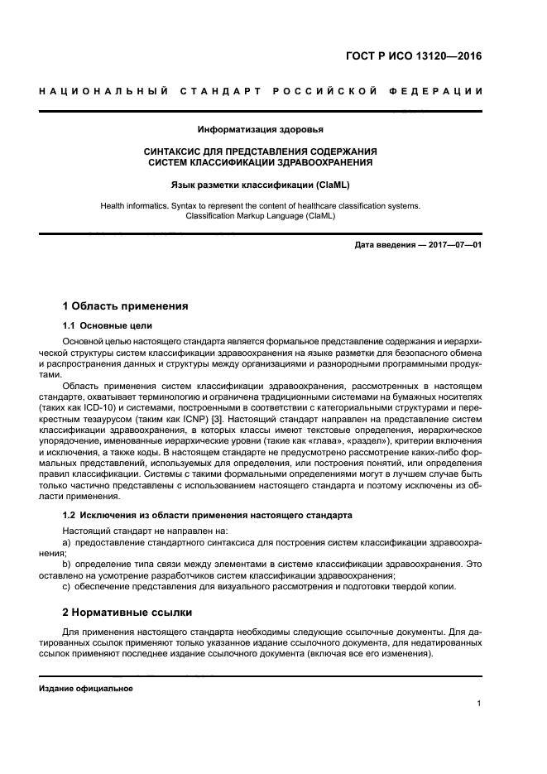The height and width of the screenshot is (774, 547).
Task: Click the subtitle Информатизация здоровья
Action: point(261,129)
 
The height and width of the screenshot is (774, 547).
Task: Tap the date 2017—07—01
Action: point(453,245)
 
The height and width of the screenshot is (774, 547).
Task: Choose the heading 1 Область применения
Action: point(126,305)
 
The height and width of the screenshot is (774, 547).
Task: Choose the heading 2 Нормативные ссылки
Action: point(127,613)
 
